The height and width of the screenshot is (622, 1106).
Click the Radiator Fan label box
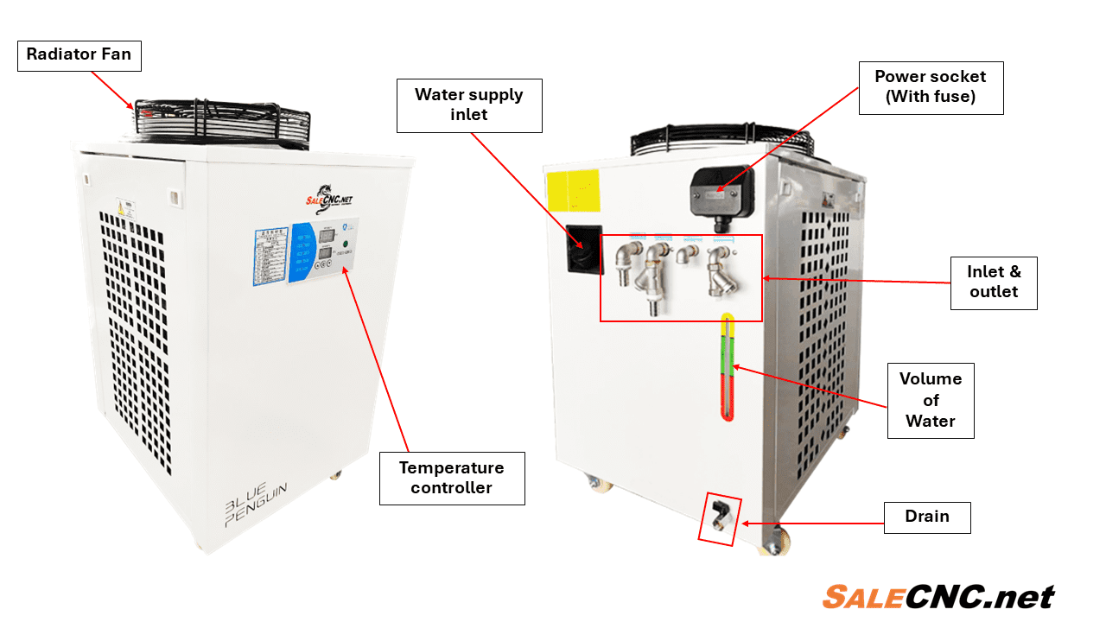(79, 54)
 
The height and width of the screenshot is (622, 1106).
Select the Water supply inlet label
(469, 105)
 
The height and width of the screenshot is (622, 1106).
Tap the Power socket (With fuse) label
(931, 87)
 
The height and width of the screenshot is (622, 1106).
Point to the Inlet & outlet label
(994, 282)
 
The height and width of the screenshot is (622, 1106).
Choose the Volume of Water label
(931, 400)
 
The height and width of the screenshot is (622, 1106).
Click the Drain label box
(927, 517)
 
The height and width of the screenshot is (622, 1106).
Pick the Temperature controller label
(452, 478)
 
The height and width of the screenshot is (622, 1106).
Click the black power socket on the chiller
(721, 191)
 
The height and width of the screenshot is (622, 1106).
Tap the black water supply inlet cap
(584, 249)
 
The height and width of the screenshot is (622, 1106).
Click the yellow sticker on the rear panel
(572, 189)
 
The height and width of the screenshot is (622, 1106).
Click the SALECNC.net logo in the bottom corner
(938, 597)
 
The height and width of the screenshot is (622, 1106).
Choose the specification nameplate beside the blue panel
(270, 256)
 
